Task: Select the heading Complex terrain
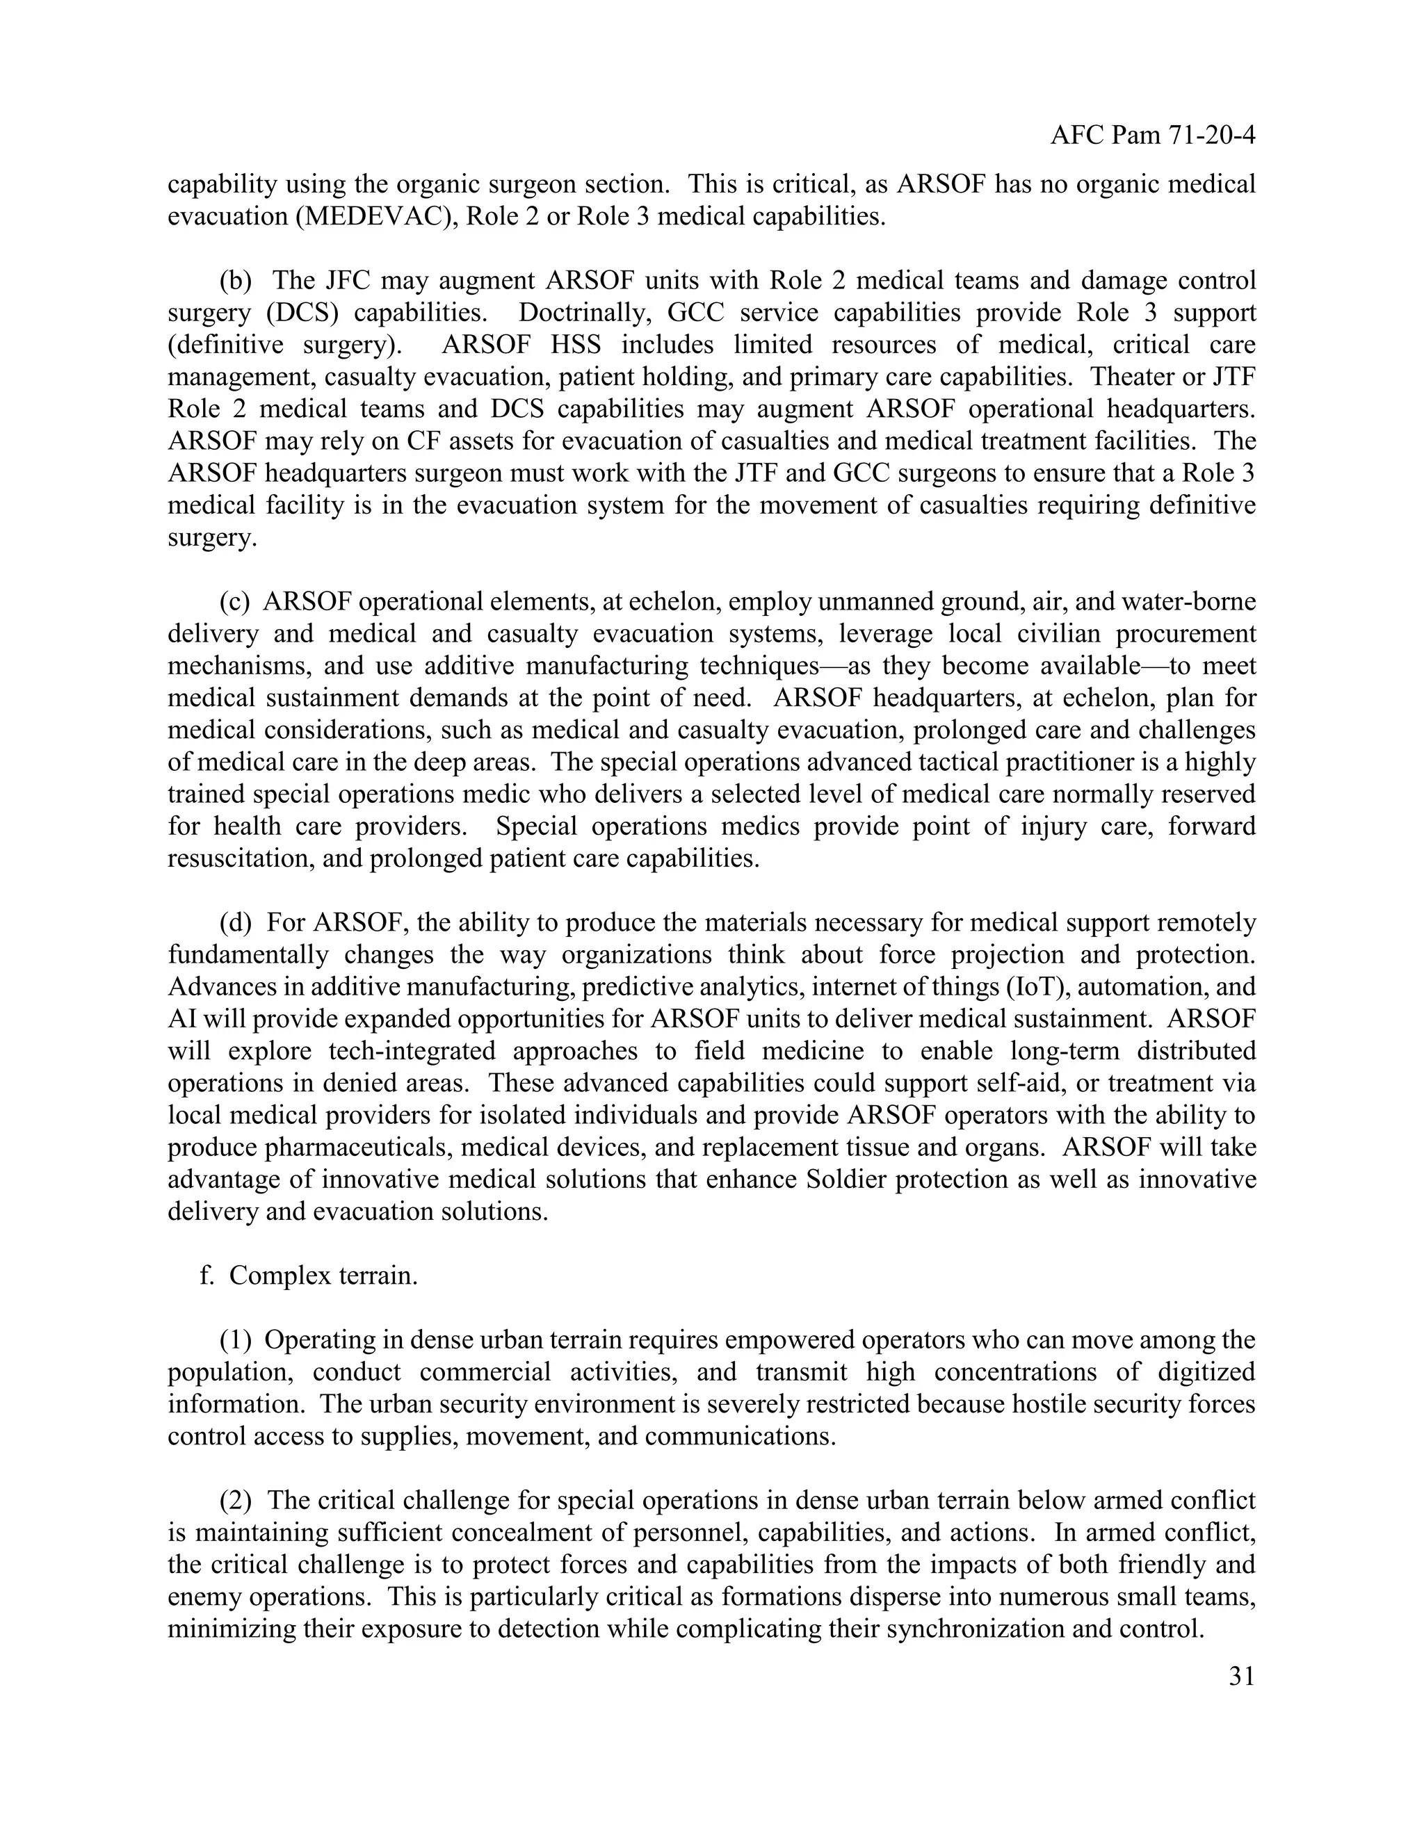(323, 1276)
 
